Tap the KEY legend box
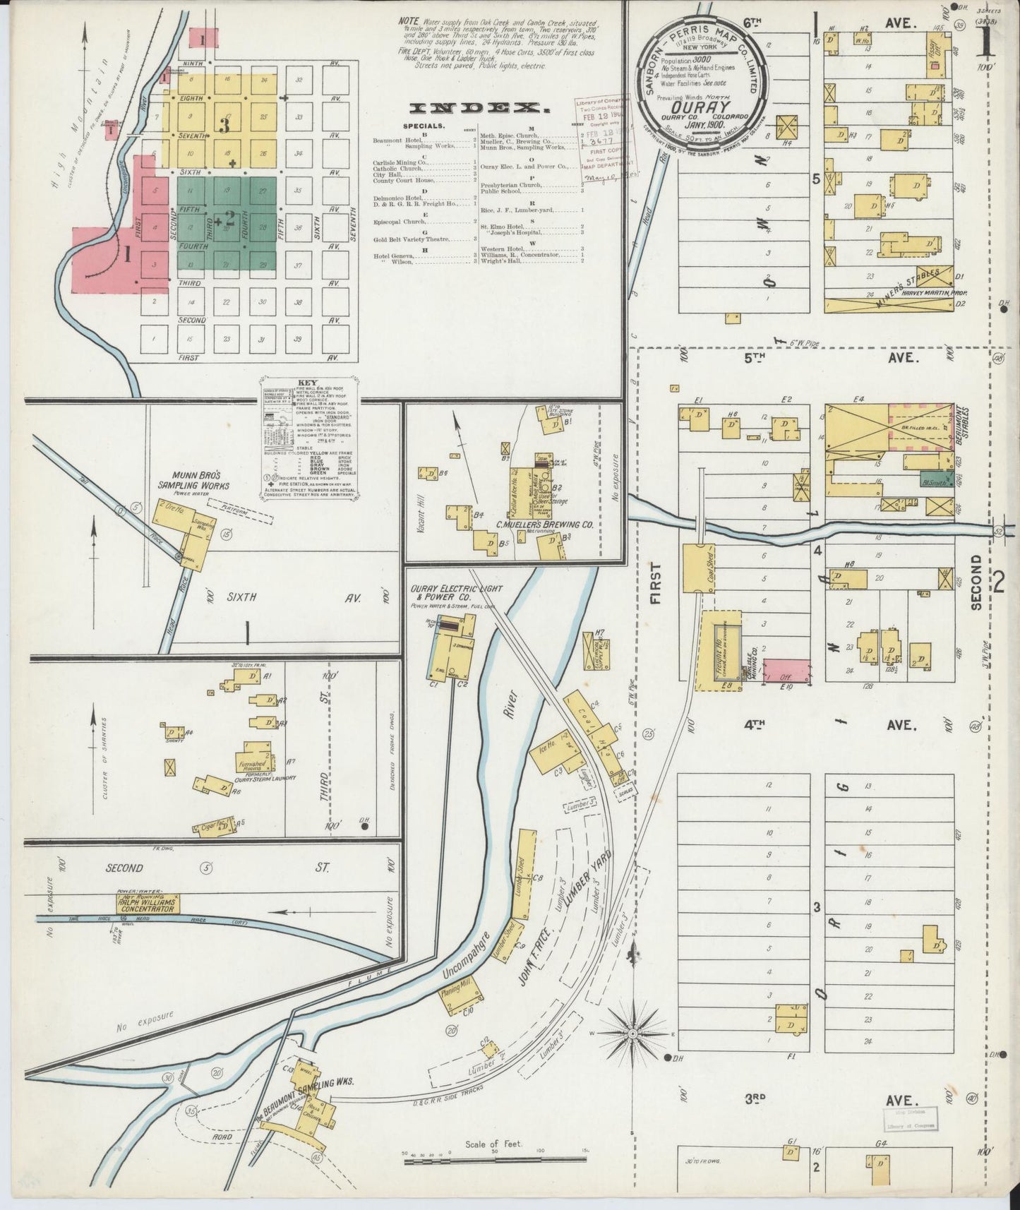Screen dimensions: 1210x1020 click(311, 445)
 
